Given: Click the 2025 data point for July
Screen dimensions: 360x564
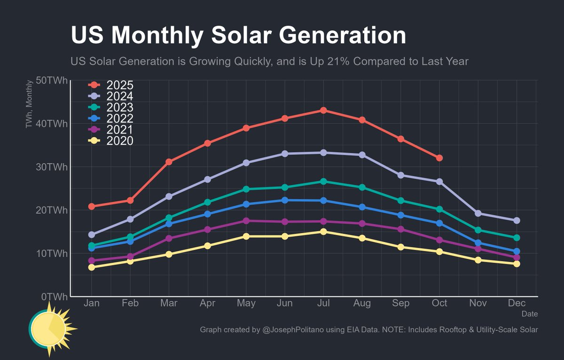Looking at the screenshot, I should pyautogui.click(x=323, y=110).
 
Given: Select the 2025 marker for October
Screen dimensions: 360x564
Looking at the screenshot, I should pyautogui.click(x=439, y=158).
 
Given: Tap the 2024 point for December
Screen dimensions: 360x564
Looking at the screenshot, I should pyautogui.click(x=517, y=220).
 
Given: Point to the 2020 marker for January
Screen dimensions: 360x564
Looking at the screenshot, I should pyautogui.click(x=92, y=267).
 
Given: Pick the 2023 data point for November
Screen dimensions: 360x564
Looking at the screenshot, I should pyautogui.click(x=478, y=230).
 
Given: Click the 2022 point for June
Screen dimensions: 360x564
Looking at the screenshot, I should pyautogui.click(x=285, y=200).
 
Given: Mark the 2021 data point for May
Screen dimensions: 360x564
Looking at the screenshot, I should pyautogui.click(x=246, y=220).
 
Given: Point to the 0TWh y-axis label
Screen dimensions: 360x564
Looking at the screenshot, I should pyautogui.click(x=55, y=297).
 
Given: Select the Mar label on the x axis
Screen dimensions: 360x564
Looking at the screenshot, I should pyautogui.click(x=169, y=304).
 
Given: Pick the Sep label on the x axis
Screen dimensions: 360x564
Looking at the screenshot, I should pyautogui.click(x=400, y=304).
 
